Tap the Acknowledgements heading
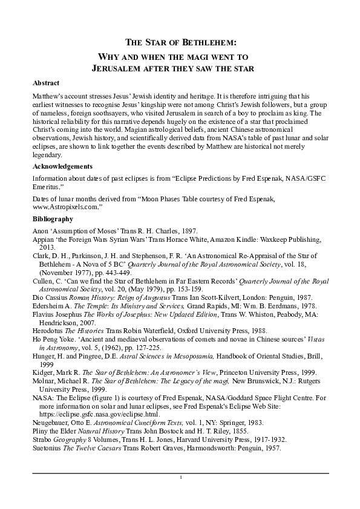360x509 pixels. (62, 166)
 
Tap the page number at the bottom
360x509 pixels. (180, 478)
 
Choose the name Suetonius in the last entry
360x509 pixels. (48, 449)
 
